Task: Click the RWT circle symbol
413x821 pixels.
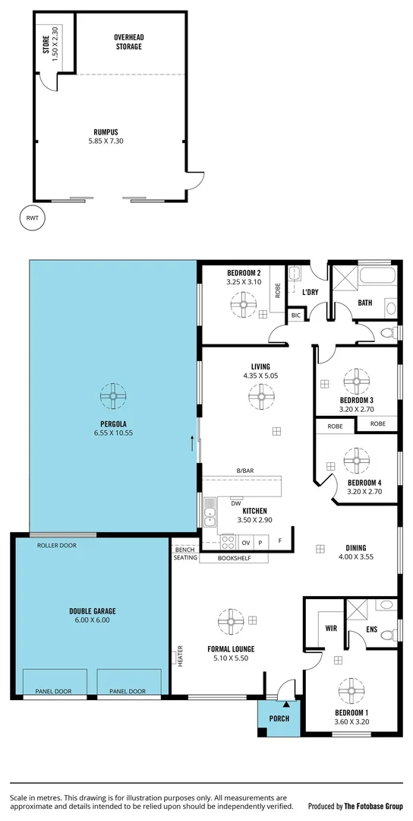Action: [x=32, y=218]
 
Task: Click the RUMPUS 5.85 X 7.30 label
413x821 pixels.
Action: [x=106, y=136]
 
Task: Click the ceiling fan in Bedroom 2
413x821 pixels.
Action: [x=244, y=306]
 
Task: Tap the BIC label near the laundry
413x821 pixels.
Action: [x=295, y=315]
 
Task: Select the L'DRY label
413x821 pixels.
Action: [x=310, y=292]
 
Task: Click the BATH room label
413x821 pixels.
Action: [x=365, y=303]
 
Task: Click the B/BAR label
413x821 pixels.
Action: [x=244, y=471]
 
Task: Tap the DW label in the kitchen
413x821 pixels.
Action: [x=236, y=503]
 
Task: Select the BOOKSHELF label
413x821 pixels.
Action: [x=233, y=558]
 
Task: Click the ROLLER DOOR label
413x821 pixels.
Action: [x=57, y=545]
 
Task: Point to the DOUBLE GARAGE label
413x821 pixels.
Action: [x=92, y=614]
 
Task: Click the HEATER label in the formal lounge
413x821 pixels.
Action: [x=180, y=656]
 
